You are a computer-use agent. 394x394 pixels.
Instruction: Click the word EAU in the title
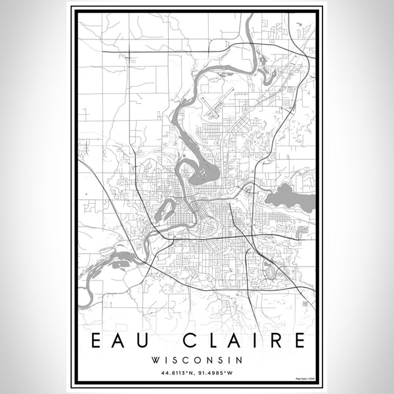pyautogui.click(x=122, y=341)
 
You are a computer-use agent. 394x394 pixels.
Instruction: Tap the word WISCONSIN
pyautogui.click(x=197, y=360)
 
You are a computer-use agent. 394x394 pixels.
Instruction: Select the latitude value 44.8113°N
pyautogui.click(x=173, y=372)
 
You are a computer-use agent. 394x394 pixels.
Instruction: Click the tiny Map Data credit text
pyautogui.click(x=304, y=379)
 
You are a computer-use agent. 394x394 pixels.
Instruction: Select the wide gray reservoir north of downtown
pyautogui.click(x=204, y=174)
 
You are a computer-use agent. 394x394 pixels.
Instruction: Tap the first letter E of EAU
pyautogui.click(x=97, y=341)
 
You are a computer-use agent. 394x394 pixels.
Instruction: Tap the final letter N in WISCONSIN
pyautogui.click(x=240, y=360)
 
